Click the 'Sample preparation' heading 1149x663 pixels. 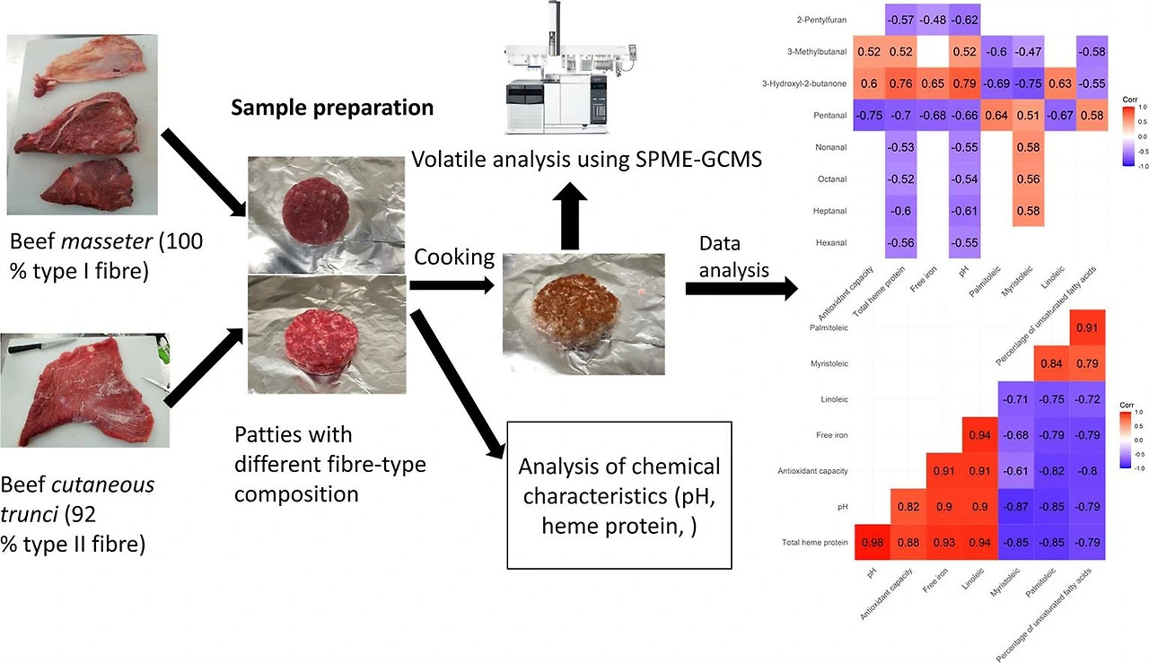[332, 109]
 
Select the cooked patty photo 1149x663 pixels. [583, 312]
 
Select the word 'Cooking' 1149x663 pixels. [453, 257]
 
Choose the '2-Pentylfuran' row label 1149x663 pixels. [820, 20]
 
